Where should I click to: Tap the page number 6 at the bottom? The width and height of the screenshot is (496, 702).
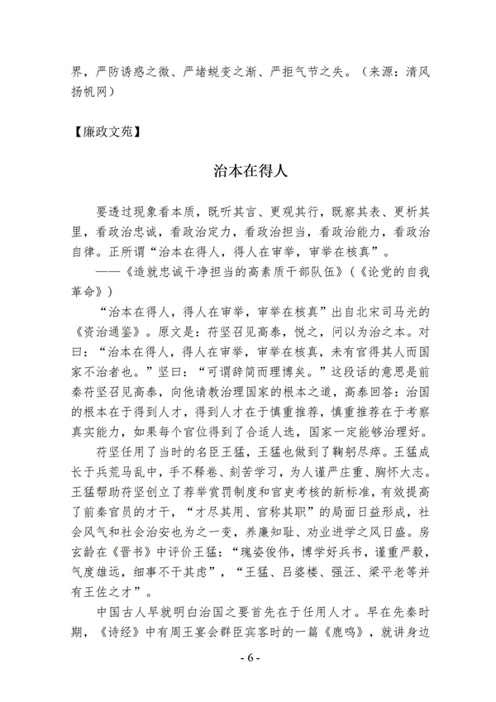pyautogui.click(x=247, y=657)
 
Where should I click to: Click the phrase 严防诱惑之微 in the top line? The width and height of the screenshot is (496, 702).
pyautogui.click(x=141, y=72)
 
